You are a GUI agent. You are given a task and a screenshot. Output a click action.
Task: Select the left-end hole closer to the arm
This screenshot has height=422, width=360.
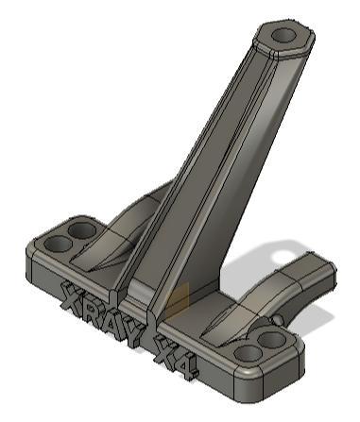83,229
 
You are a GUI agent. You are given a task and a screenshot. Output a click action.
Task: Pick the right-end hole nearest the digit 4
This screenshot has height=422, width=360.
248,353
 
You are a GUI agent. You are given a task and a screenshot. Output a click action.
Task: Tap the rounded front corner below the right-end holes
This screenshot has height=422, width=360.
283,373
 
